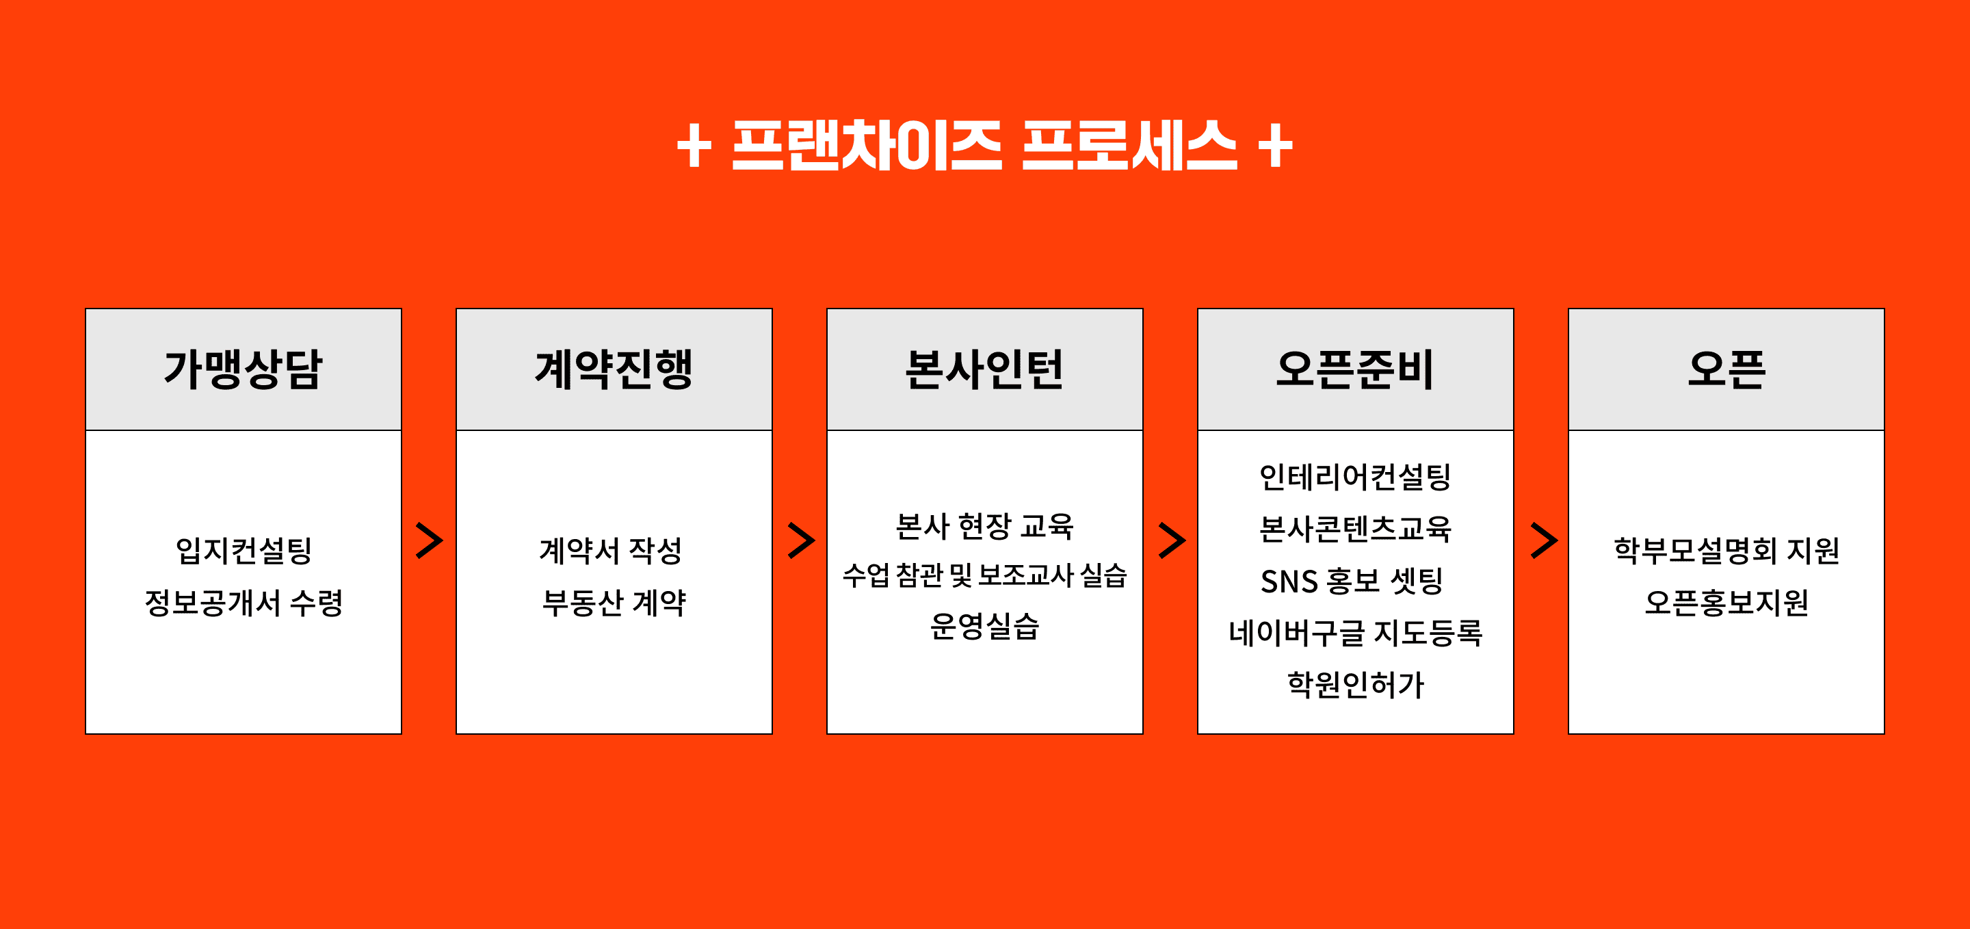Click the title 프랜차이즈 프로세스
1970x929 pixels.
click(x=984, y=145)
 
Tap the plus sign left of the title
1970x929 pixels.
click(x=694, y=145)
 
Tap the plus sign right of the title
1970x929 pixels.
click(x=1275, y=145)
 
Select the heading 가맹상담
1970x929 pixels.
click(x=244, y=369)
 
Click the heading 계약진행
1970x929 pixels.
click(x=614, y=369)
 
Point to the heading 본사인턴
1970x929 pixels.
click(x=984, y=369)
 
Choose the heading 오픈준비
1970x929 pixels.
click(x=1355, y=369)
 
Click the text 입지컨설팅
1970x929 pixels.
click(x=244, y=551)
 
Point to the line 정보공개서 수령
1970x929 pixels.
click(x=244, y=603)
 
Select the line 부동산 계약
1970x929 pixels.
click(x=614, y=603)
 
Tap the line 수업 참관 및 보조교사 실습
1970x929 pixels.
click(x=984, y=575)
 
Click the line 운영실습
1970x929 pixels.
click(x=984, y=626)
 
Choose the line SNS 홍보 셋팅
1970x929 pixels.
click(x=1352, y=580)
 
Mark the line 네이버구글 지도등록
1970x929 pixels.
click(x=1355, y=632)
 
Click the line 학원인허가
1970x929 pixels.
click(x=1355, y=684)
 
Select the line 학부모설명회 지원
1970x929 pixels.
click(x=1726, y=551)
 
